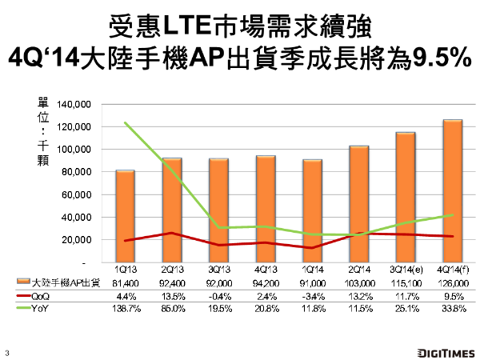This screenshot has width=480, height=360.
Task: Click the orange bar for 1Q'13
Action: click(125, 216)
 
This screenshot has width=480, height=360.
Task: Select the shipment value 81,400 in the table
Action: click(125, 283)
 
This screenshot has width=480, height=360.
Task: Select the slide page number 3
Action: click(7, 350)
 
